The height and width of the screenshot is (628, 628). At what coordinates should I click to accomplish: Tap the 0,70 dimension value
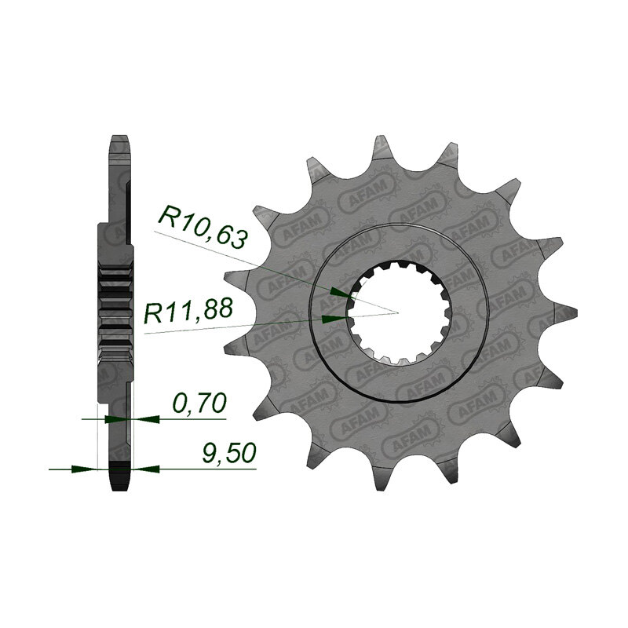(199, 403)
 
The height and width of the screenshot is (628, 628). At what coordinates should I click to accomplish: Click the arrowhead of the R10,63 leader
(338, 292)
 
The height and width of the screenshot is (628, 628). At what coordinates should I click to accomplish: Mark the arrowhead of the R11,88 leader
(335, 318)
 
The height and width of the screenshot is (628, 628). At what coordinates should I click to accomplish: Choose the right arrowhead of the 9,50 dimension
(140, 469)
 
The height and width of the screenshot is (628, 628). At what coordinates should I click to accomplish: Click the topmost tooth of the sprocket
(381, 147)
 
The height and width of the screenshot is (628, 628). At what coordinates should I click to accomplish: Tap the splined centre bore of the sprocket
(399, 312)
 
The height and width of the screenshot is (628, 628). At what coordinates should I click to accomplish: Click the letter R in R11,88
(155, 313)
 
